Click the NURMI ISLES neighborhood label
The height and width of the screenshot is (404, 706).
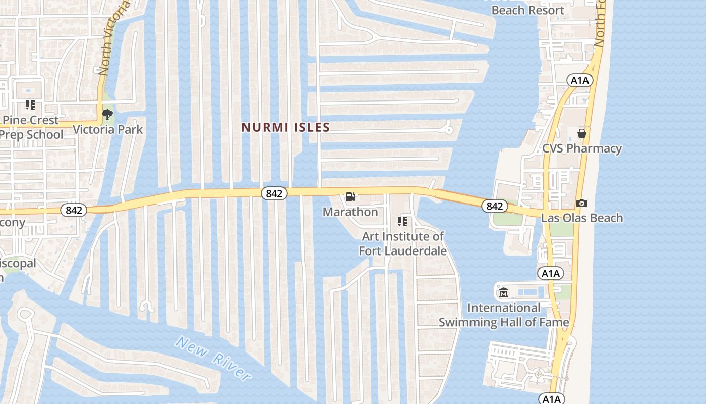tap(285, 127)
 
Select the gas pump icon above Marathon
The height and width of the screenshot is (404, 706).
tap(350, 196)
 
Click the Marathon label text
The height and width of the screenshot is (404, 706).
tap(350, 212)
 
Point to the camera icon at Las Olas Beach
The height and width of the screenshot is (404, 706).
tap(581, 203)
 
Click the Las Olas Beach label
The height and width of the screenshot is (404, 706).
tap(581, 218)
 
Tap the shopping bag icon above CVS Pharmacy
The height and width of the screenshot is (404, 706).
tap(581, 133)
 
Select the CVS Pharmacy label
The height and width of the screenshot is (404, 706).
tap(581, 148)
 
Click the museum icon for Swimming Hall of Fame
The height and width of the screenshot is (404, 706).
tap(503, 292)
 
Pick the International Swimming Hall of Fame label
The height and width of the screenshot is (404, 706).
tap(503, 315)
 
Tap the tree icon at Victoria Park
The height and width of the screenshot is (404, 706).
tap(107, 115)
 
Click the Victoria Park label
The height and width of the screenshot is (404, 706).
tap(107, 129)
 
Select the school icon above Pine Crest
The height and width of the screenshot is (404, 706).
tap(30, 105)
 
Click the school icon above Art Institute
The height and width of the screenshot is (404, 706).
tap(402, 221)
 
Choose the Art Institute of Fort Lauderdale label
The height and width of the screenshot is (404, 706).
tap(402, 243)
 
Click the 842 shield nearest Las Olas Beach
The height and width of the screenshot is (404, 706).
tap(494, 206)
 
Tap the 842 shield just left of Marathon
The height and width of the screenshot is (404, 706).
tap(274, 193)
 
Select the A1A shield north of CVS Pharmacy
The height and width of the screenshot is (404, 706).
tap(579, 80)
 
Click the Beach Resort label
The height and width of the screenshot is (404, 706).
tap(527, 10)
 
